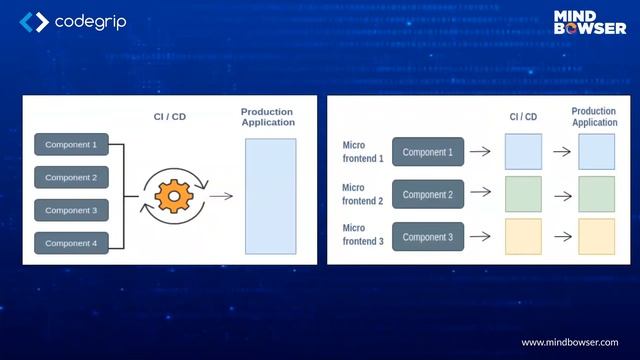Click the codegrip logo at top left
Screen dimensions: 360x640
pyautogui.click(x=73, y=21)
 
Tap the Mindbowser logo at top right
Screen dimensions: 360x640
pyautogui.click(x=589, y=22)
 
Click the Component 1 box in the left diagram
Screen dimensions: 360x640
pyautogui.click(x=70, y=145)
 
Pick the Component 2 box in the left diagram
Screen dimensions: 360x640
pyautogui.click(x=70, y=178)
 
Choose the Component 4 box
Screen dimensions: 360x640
pyautogui.click(x=70, y=243)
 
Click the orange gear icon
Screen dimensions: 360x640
pyautogui.click(x=174, y=195)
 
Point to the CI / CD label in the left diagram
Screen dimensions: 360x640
pyautogui.click(x=169, y=117)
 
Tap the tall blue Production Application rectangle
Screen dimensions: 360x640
pyautogui.click(x=270, y=195)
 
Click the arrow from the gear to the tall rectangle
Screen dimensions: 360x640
pyautogui.click(x=221, y=195)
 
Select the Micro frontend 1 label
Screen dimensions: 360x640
pyautogui.click(x=362, y=152)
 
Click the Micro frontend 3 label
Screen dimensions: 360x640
pyautogui.click(x=362, y=236)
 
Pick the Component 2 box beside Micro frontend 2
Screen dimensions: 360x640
pyautogui.click(x=428, y=195)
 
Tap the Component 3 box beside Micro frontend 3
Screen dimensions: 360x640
pyautogui.click(x=428, y=237)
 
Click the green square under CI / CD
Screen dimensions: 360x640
pyautogui.click(x=523, y=195)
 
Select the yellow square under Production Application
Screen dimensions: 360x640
pyautogui.click(x=596, y=237)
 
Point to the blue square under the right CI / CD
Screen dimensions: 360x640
pyautogui.click(x=523, y=152)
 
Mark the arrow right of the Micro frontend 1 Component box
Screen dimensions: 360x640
pyautogui.click(x=480, y=152)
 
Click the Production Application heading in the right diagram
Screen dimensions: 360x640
pyautogui.click(x=594, y=117)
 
